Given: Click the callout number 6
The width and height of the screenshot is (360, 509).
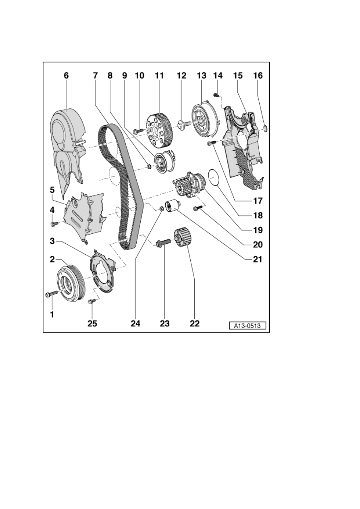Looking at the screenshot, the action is pos(66,75).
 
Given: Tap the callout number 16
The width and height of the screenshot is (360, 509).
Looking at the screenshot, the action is pos(258,75).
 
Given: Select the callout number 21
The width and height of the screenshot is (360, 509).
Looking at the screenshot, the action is pos(258,259).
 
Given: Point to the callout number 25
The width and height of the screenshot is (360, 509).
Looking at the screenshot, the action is pos(92,323).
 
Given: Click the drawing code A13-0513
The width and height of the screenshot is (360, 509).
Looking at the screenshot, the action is pos(248,326).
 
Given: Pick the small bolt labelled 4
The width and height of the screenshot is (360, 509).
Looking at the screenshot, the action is pos(54,224).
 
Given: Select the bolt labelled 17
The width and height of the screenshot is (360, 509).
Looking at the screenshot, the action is pos(211,143).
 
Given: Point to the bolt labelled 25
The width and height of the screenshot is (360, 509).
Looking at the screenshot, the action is pos(92,301).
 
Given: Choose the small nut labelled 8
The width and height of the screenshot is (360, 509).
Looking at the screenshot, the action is pos(149,167).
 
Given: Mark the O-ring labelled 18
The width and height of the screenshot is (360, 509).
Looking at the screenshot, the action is pos(214,177).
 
